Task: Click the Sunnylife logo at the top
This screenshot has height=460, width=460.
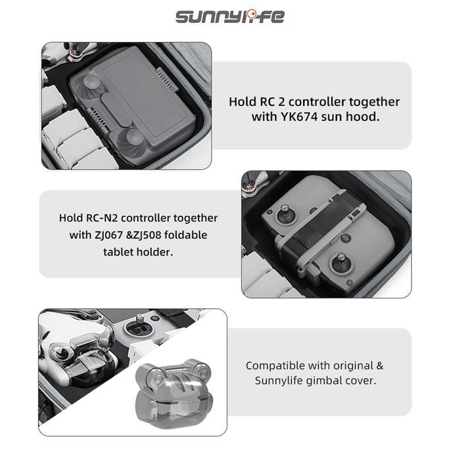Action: [x=230, y=16]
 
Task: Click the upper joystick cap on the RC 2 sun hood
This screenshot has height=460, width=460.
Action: [x=91, y=81]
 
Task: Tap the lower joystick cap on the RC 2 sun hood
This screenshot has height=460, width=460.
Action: [x=135, y=137]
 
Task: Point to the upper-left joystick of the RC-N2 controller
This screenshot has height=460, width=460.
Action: [x=285, y=214]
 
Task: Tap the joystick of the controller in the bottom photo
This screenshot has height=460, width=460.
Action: [x=140, y=325]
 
